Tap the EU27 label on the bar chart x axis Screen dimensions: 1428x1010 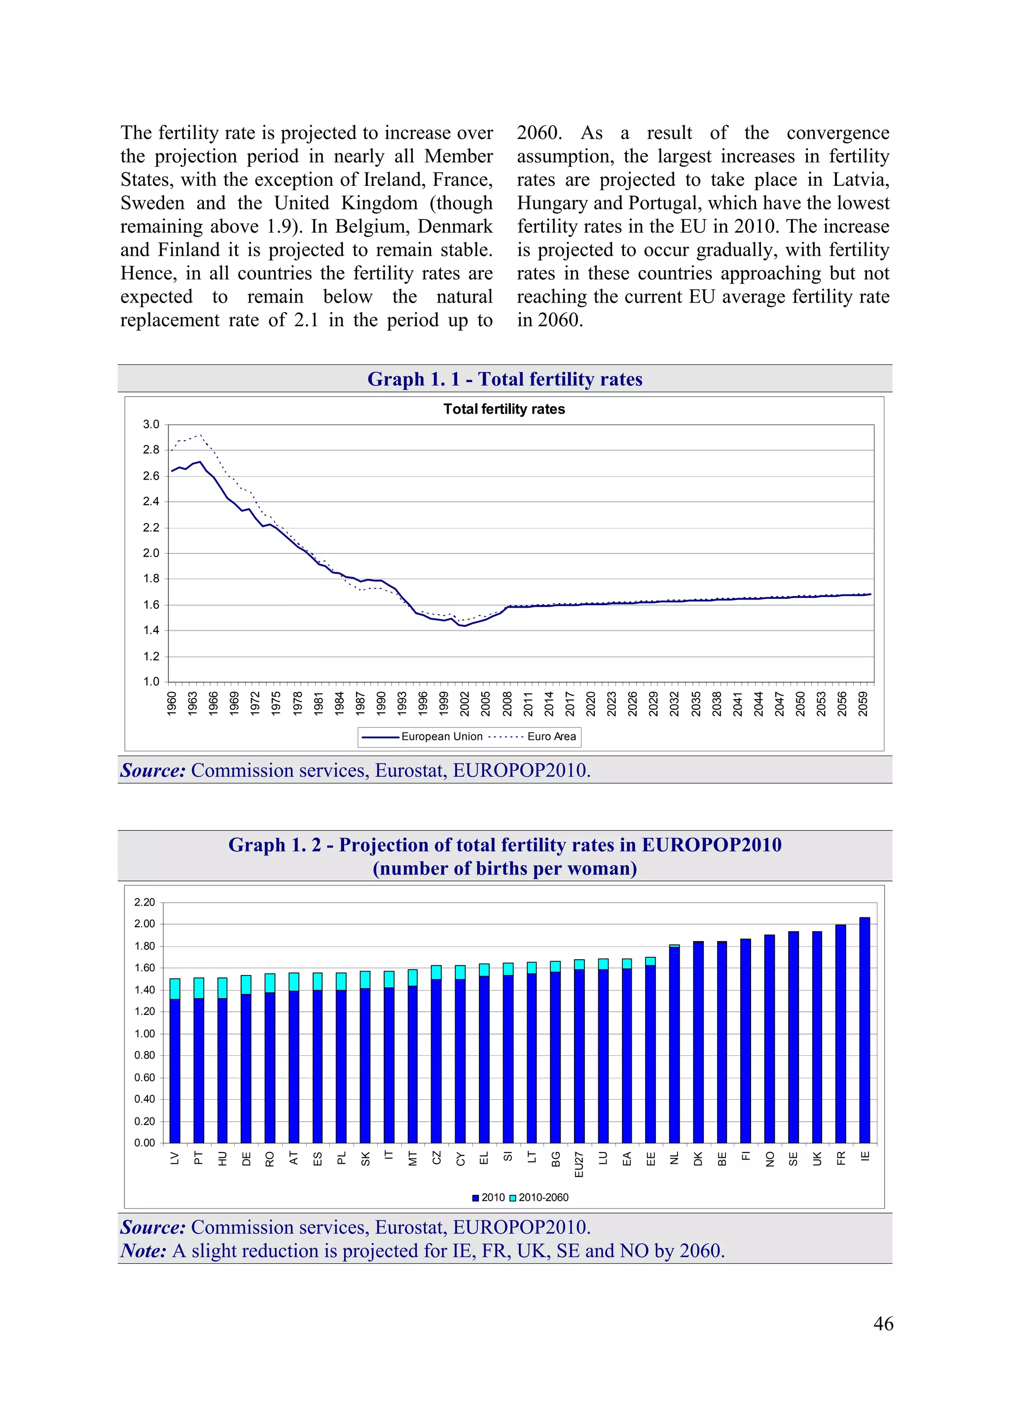pyautogui.click(x=579, y=1164)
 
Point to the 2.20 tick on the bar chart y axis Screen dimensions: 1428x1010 pyautogui.click(x=144, y=902)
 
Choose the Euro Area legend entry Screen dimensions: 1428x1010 pyautogui.click(x=551, y=736)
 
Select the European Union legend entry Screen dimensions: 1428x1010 pyautogui.click(x=441, y=736)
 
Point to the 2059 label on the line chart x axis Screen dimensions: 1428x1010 pyautogui.click(x=863, y=703)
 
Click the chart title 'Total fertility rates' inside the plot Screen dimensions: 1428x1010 pyautogui.click(x=504, y=409)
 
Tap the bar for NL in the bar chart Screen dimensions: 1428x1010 pyautogui.click(x=675, y=1045)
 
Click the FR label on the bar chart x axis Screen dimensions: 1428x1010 pyautogui.click(x=841, y=1157)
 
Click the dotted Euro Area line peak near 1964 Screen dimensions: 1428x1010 pyautogui.click(x=199, y=435)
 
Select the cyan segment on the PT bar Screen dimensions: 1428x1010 pyautogui.click(x=199, y=988)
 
